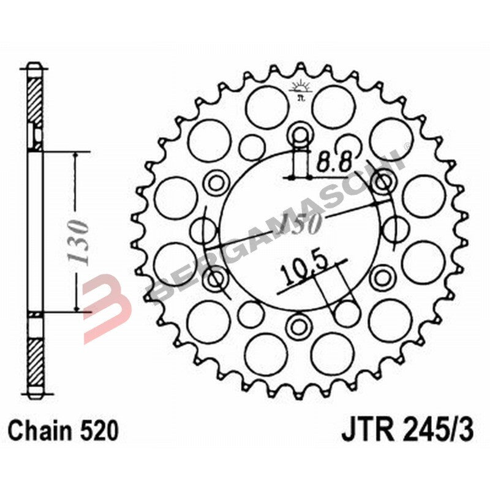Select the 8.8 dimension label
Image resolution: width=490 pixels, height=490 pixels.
pyautogui.click(x=334, y=163)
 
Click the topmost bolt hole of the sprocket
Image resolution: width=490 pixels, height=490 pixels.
pyautogui.click(x=301, y=132)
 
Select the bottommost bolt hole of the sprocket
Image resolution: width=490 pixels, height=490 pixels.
pyautogui.click(x=301, y=323)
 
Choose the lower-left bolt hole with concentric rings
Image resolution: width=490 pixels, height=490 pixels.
pyautogui.click(x=215, y=280)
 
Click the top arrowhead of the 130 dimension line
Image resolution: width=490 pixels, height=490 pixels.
pyautogui.click(x=75, y=157)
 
